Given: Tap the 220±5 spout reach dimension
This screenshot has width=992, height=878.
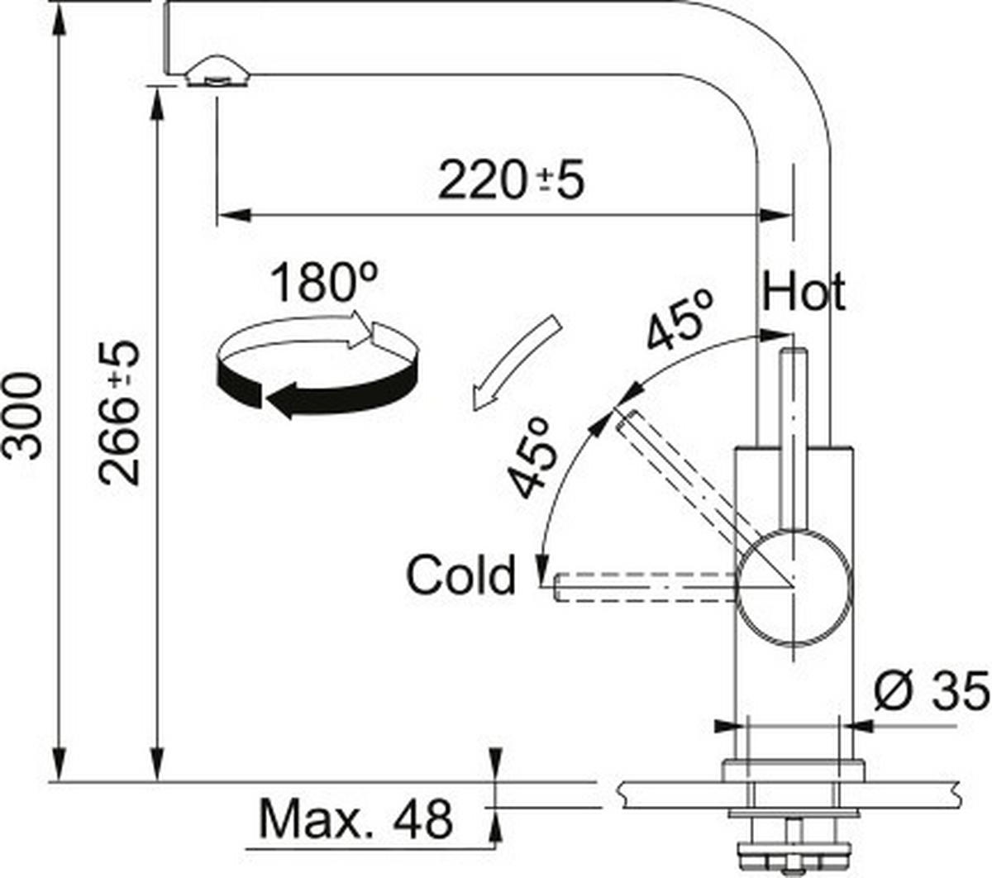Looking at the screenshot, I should click(509, 180).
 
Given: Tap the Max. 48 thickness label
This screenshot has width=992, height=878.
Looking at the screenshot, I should click(355, 818).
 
